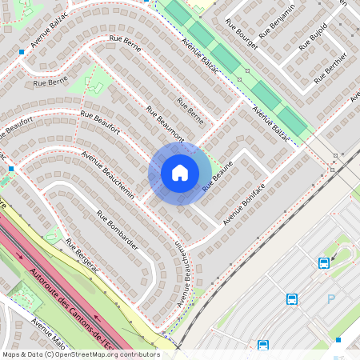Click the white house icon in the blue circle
pos(180,172)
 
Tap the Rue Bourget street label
pos(242,34)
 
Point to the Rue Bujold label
pos(313,37)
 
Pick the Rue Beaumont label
pos(165,124)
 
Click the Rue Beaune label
pos(218,175)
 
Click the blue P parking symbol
pos(331,299)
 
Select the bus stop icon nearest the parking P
pos(292,299)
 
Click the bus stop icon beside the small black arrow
pos(324,262)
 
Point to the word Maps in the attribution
pos(11,354)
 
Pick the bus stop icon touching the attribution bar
pos(263,346)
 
